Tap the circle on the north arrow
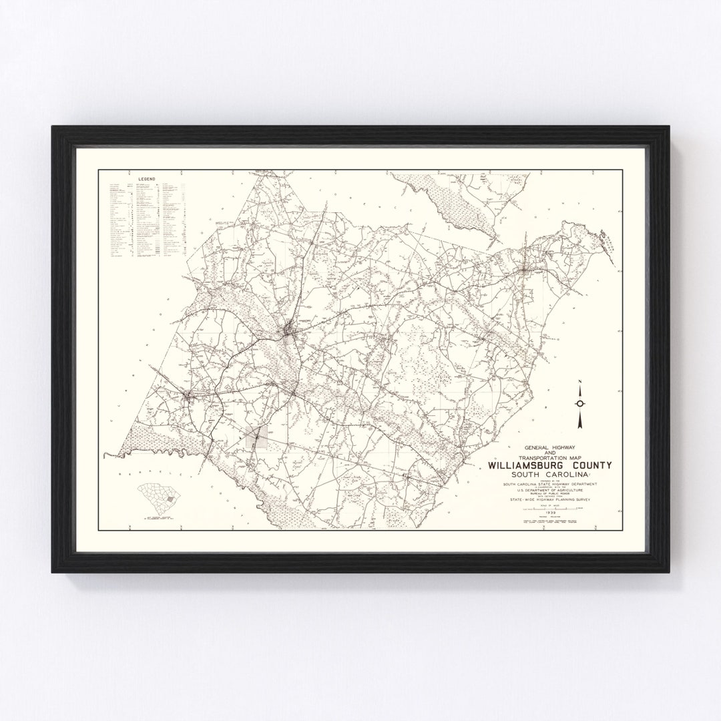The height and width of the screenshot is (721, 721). click(x=581, y=403)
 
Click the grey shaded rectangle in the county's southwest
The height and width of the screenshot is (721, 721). click(x=256, y=437)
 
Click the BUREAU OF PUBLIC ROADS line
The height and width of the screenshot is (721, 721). click(x=545, y=495)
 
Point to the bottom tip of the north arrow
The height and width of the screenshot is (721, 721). click(x=581, y=427)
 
